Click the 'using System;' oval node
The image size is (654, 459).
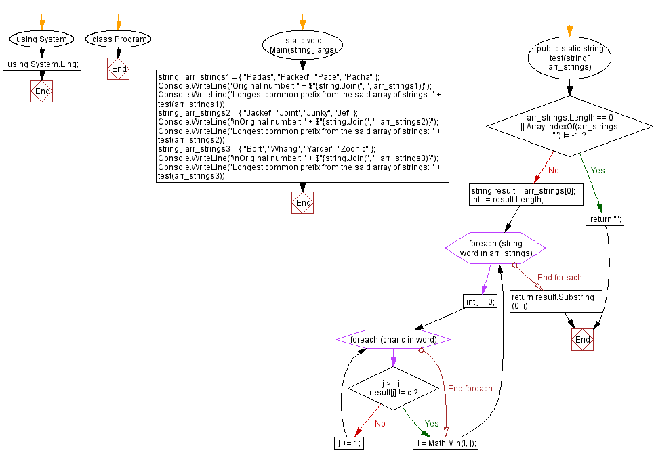42,39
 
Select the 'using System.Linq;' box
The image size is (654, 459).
42,64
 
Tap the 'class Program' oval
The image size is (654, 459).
119,39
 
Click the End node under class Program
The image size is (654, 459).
119,69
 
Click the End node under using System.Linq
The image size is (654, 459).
42,91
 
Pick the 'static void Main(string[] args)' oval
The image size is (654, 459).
302,45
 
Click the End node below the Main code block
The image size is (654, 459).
302,203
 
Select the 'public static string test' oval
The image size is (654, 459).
569,58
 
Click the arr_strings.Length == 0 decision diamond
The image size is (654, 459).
569,124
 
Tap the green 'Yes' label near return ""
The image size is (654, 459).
598,171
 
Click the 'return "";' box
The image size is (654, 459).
605,219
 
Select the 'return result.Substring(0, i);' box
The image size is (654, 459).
555,301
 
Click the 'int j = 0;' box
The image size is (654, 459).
480,302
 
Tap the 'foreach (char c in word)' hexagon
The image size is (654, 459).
393,338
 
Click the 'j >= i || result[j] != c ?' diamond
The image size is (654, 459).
393,389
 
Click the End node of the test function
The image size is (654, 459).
582,339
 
